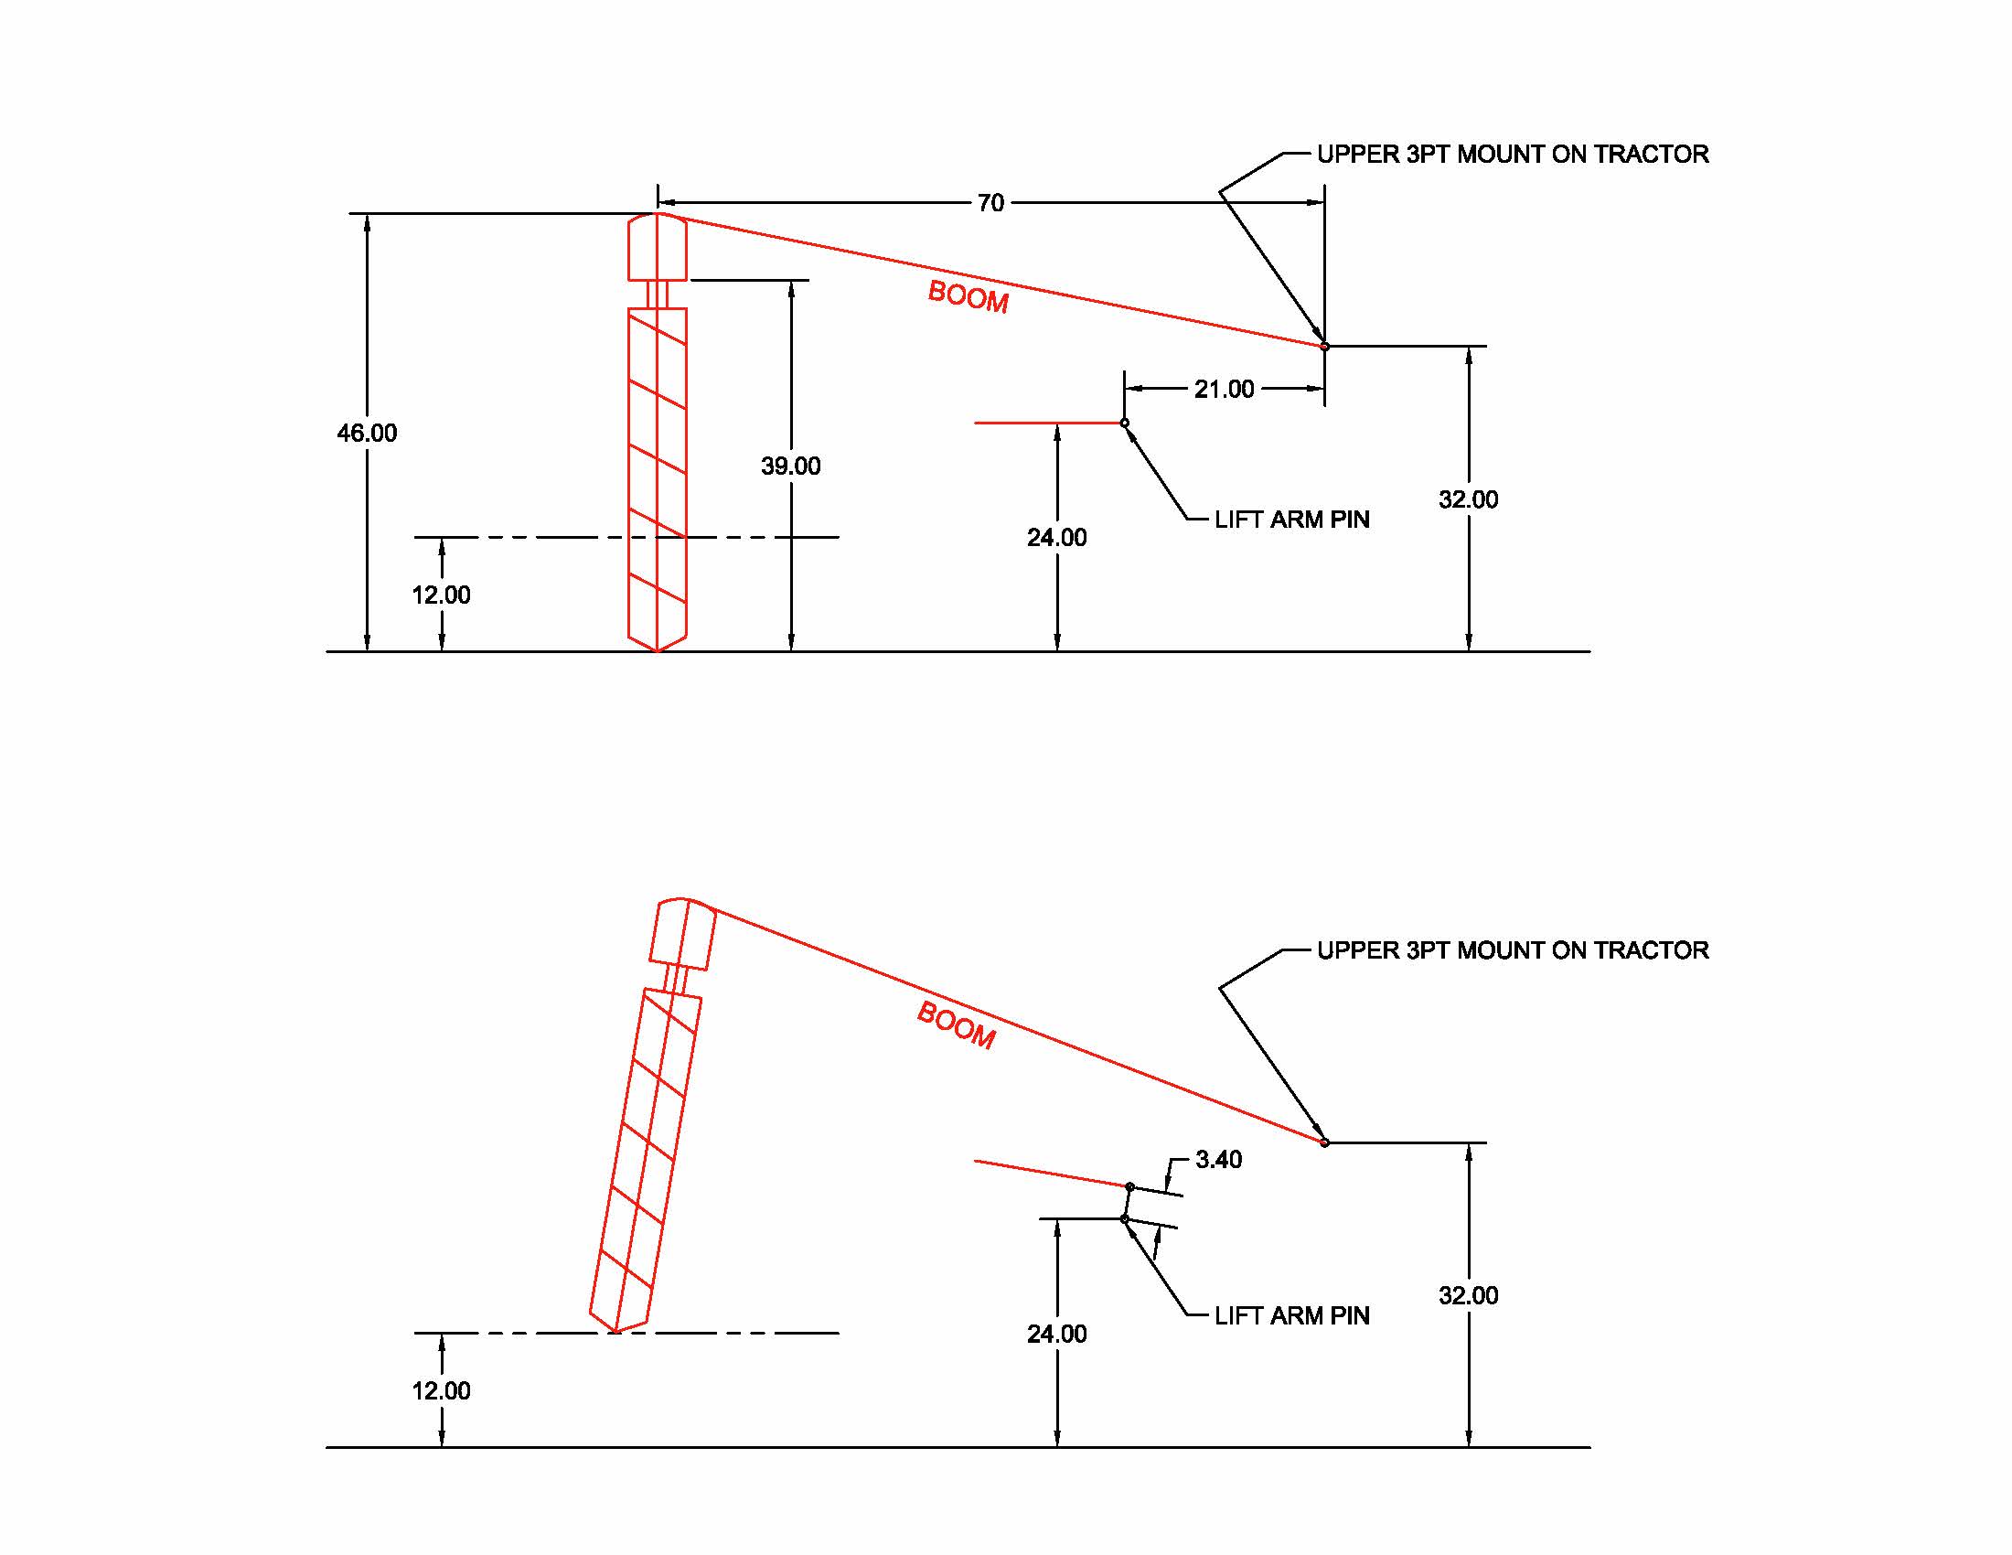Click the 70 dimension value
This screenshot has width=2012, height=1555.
coord(990,203)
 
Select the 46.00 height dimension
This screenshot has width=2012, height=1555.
coord(367,433)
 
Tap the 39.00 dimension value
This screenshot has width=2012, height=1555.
coord(790,466)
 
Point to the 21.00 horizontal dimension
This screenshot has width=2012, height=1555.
coord(1224,389)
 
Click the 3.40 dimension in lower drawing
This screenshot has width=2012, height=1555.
coord(1218,1159)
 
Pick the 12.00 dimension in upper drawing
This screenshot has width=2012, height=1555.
coord(441,595)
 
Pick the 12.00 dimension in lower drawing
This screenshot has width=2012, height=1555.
coord(441,1390)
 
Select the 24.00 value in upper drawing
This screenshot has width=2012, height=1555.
coord(1056,537)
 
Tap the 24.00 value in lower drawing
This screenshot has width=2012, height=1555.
coord(1056,1333)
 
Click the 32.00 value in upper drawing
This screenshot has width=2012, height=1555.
coord(1468,499)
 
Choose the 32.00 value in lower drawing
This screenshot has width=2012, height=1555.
coord(1468,1295)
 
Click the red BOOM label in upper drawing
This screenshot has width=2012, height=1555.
coord(968,296)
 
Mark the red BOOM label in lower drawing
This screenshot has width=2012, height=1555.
coord(957,1025)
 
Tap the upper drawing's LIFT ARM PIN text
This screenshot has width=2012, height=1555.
coord(1291,520)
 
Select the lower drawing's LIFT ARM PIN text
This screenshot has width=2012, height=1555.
coord(1291,1315)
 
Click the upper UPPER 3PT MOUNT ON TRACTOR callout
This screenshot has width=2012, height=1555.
coord(1512,154)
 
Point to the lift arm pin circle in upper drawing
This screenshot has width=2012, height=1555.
coord(1124,423)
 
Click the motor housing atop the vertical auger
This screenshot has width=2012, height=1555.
coord(657,247)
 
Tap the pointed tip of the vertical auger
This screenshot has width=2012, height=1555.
coord(657,649)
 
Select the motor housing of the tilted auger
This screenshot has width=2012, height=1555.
coord(682,934)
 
